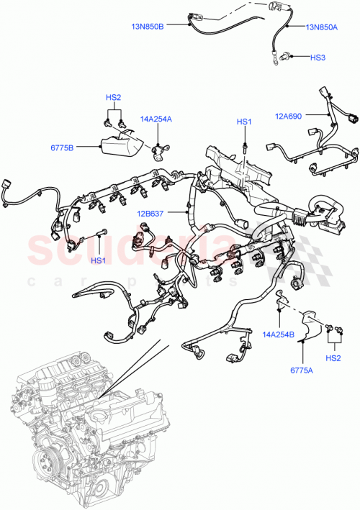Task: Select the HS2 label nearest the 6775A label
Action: pyautogui.click(x=333, y=357)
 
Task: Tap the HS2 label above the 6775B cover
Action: pyautogui.click(x=113, y=97)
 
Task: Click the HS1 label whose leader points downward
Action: pyautogui.click(x=244, y=122)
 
